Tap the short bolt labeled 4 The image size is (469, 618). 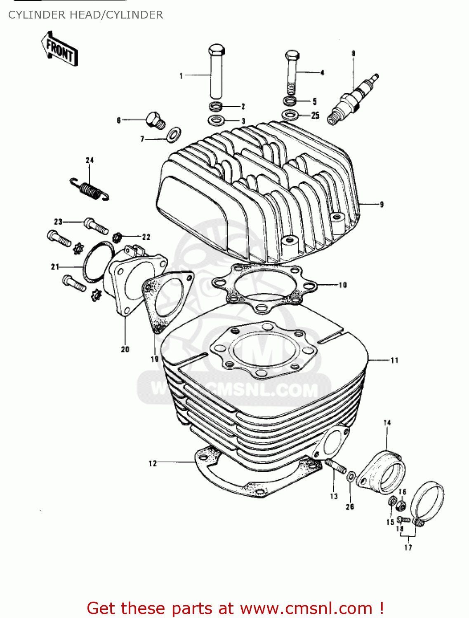[292, 72]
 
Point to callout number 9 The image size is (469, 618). [382, 204]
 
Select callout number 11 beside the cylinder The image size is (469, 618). [394, 360]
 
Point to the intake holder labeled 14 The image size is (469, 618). [382, 472]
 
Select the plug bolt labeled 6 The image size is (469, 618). [155, 119]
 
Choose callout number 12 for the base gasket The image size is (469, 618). [153, 463]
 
